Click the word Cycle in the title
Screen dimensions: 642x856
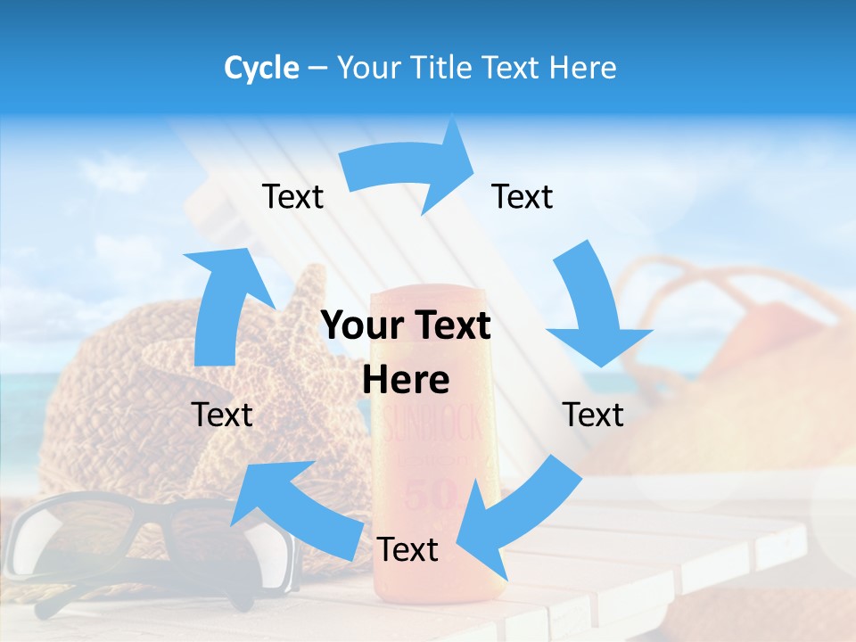[x=261, y=68]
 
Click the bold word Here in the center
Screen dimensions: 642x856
[x=406, y=380]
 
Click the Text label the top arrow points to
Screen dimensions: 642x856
[x=523, y=196]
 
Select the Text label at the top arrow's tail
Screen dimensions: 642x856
[x=292, y=196]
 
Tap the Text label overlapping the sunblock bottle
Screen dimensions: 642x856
[x=407, y=549]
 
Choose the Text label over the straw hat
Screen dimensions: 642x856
[x=223, y=415]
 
